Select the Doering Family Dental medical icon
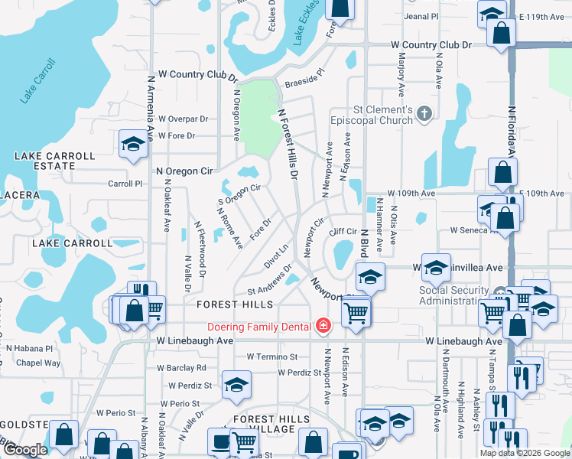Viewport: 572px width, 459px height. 323,327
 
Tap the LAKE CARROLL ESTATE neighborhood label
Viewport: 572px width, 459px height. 54,161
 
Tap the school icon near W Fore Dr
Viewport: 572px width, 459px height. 133,143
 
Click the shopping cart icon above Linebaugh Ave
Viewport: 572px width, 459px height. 356,312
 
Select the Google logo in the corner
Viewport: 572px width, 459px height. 24,450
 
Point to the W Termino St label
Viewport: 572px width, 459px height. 272,357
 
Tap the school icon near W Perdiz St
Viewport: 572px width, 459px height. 236,385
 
